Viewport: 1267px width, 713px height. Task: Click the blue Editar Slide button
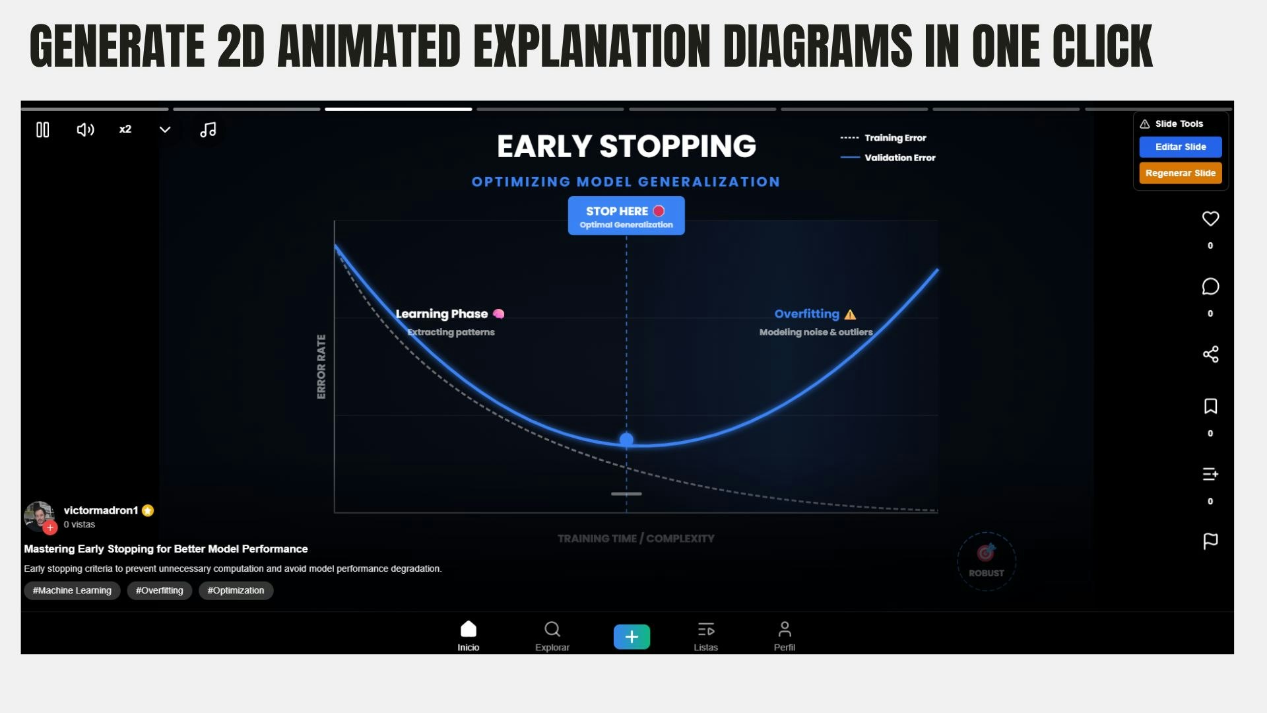pyautogui.click(x=1181, y=147)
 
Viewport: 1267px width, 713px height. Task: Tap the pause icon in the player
pyautogui.click(x=43, y=130)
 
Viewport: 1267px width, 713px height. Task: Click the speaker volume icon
pyautogui.click(x=86, y=130)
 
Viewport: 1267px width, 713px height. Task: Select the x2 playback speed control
pyautogui.click(x=125, y=129)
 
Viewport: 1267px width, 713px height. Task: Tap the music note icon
pyautogui.click(x=208, y=130)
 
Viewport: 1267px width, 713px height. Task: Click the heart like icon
pyautogui.click(x=1210, y=219)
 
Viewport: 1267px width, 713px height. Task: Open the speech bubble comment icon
pyautogui.click(x=1210, y=287)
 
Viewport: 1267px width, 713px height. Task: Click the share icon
pyautogui.click(x=1210, y=355)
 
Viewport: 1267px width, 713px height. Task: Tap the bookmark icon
pyautogui.click(x=1210, y=406)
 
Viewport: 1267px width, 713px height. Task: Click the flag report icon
pyautogui.click(x=1210, y=541)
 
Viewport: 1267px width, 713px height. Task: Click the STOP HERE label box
pyautogui.click(x=626, y=216)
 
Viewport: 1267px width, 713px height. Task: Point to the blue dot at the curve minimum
pyautogui.click(x=626, y=440)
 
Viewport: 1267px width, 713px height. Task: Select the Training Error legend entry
pyautogui.click(x=883, y=138)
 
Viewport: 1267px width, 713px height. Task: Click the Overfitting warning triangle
pyautogui.click(x=850, y=315)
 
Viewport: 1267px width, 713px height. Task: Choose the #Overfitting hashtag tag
pyautogui.click(x=160, y=590)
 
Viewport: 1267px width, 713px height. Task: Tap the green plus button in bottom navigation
pyautogui.click(x=632, y=637)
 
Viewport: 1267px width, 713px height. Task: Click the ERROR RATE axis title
pyautogui.click(x=321, y=366)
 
